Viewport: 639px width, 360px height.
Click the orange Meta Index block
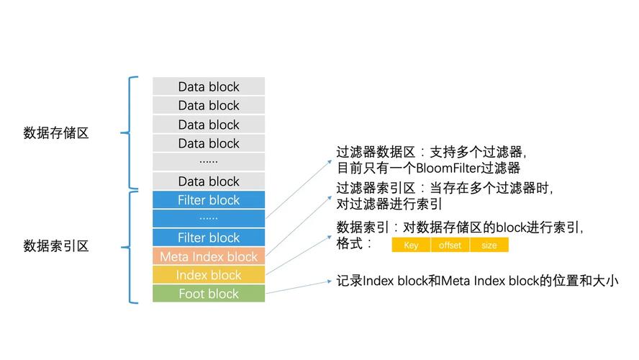209,256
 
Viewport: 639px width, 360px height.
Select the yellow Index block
209,275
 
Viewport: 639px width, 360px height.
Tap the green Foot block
209,294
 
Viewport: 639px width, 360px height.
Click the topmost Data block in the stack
209,86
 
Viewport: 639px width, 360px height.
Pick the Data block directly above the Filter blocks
209,181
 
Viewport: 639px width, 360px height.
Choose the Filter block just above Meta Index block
209,238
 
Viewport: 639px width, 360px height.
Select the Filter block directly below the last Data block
209,200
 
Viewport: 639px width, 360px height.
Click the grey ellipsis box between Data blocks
209,162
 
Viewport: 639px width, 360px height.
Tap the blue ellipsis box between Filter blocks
209,218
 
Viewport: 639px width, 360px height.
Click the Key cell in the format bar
411,246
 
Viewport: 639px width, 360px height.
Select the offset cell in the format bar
450,246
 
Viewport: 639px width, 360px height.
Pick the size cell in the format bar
489,246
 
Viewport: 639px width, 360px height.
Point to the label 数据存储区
56,132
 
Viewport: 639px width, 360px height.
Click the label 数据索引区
56,246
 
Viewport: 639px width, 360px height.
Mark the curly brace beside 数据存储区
130,132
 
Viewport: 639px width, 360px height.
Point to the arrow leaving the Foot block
299,287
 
